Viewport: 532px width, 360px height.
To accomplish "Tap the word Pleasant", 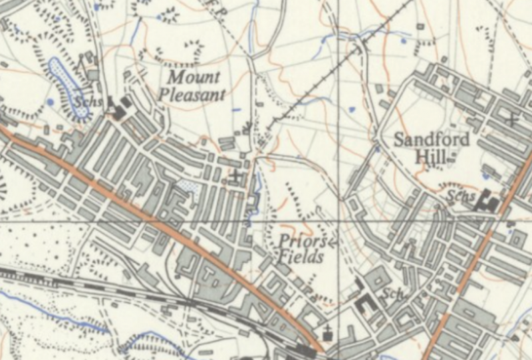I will [x=192, y=94].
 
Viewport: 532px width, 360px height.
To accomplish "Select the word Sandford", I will [x=432, y=140].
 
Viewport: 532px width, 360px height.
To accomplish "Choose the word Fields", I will [x=301, y=258].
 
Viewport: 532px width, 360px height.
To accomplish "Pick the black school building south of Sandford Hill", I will [x=488, y=201].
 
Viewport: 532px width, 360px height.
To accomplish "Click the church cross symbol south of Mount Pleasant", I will [x=236, y=176].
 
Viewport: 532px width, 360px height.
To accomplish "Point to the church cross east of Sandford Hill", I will [x=511, y=120].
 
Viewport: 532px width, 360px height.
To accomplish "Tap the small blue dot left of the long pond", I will [x=51, y=102].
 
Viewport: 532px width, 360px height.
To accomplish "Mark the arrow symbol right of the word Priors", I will [x=332, y=242].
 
